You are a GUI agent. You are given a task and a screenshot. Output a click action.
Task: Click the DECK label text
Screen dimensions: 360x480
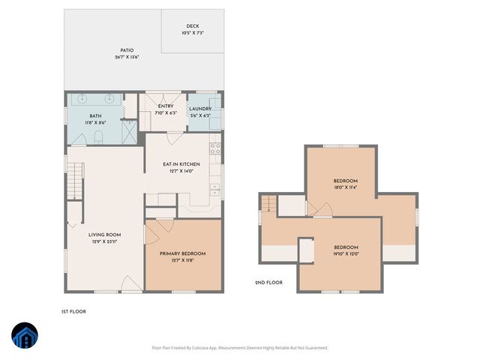tap(193, 27)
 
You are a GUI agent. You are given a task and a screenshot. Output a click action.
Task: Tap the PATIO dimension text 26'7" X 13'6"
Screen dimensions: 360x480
tap(127, 58)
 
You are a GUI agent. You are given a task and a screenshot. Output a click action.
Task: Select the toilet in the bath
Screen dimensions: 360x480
tap(98, 136)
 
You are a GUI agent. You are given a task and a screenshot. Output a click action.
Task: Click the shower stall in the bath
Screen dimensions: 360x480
tap(129, 132)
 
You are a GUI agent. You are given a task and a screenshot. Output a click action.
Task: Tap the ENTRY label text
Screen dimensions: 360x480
tap(166, 106)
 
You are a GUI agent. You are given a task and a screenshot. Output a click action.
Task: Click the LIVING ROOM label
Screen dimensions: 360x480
tap(104, 235)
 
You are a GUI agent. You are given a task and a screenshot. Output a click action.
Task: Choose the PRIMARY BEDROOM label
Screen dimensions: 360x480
tap(182, 254)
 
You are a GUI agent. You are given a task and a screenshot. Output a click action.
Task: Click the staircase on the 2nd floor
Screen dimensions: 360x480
tap(268, 203)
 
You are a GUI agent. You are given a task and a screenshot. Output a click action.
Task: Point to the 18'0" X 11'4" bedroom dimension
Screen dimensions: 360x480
tap(345, 188)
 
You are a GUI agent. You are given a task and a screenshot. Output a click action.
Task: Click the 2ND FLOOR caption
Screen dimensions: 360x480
tap(268, 283)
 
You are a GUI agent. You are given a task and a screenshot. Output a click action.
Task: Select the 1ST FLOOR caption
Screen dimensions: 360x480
tap(73, 310)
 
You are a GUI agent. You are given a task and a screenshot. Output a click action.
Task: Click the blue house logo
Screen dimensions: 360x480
tap(25, 335)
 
